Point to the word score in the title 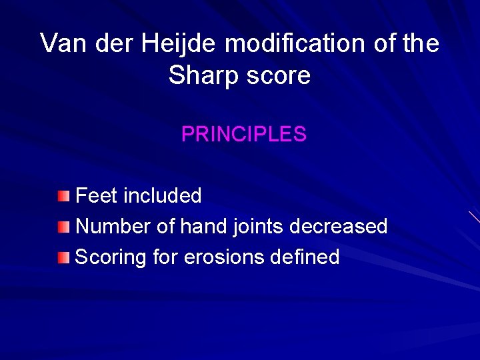pyautogui.click(x=278, y=75)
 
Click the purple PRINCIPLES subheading pyautogui.click(x=243, y=135)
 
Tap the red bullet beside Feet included pyautogui.click(x=63, y=196)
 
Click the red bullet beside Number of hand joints pyautogui.click(x=63, y=227)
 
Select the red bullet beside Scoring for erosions pyautogui.click(x=63, y=257)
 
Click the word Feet pyautogui.click(x=97, y=196)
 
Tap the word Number pyautogui.click(x=113, y=227)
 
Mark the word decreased pyautogui.click(x=339, y=227)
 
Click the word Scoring pyautogui.click(x=111, y=257)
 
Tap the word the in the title pyautogui.click(x=421, y=44)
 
